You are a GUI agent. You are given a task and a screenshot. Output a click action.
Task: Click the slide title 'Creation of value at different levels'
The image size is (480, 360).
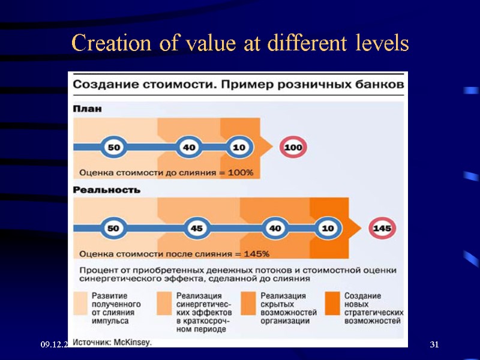[240, 43]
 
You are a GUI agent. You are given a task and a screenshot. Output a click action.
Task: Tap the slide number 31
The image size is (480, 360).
[435, 344]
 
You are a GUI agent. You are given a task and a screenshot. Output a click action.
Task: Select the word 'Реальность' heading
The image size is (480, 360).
[107, 190]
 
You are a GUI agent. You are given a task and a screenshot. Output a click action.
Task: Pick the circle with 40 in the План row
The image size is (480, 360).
[188, 147]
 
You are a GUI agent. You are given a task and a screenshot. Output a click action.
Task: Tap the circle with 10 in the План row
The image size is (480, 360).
[238, 147]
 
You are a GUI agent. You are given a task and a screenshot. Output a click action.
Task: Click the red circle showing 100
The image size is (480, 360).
[293, 148]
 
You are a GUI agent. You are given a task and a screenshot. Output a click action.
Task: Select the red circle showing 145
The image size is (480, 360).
[382, 229]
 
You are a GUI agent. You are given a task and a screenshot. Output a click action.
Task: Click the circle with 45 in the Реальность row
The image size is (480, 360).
[196, 229]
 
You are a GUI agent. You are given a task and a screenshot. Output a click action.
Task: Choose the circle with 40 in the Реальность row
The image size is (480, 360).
[275, 229]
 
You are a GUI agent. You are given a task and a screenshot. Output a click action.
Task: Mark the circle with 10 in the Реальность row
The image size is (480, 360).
[328, 229]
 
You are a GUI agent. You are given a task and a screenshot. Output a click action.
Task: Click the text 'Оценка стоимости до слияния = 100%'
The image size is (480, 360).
[166, 173]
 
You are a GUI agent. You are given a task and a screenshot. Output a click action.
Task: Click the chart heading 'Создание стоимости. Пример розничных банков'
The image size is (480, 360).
[238, 85]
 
